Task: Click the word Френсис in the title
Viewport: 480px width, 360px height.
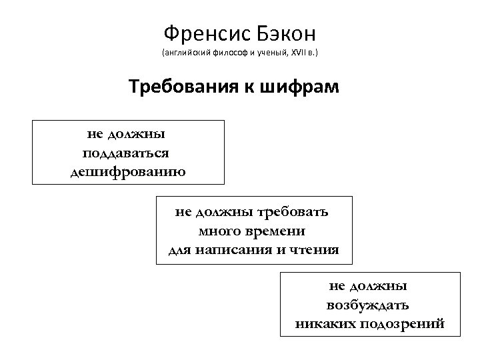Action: pyautogui.click(x=203, y=32)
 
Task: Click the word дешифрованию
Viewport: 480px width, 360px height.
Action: pyautogui.click(x=127, y=171)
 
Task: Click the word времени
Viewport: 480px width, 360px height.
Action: pyautogui.click(x=274, y=231)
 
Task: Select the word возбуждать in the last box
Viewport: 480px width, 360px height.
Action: pyautogui.click(x=368, y=305)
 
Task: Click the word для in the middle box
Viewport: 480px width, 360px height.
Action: pyautogui.click(x=179, y=250)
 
